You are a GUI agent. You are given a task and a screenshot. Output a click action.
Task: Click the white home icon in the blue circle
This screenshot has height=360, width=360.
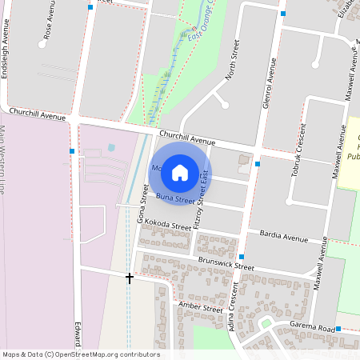click(180, 171)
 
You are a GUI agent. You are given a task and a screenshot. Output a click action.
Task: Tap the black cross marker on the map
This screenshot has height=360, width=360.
click(130, 278)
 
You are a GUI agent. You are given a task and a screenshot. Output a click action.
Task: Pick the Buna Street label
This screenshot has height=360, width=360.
click(175, 198)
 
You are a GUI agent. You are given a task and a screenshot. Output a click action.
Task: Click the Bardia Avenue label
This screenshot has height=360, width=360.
click(284, 237)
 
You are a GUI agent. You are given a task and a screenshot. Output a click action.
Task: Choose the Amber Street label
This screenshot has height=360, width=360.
click(200, 308)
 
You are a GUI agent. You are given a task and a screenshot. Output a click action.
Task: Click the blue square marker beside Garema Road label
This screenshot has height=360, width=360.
click(338, 329)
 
